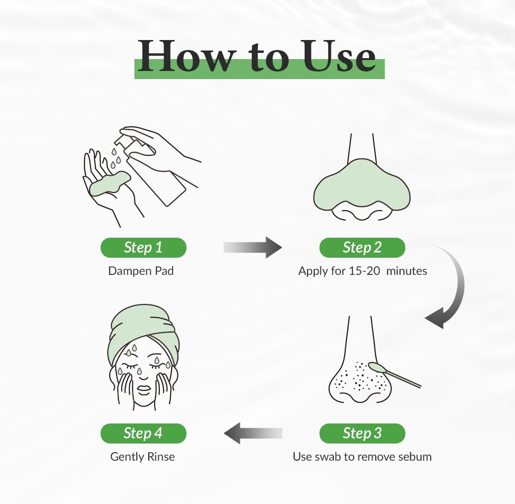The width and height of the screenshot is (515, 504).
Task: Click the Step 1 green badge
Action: point(143,247)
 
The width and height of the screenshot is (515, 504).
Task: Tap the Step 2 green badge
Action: point(362,247)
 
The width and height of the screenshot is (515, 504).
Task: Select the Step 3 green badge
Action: point(362,433)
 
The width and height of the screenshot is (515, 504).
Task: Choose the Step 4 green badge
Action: point(143,433)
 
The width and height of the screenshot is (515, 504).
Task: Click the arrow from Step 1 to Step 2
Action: point(253,247)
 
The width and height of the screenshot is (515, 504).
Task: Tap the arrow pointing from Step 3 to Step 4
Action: point(253,433)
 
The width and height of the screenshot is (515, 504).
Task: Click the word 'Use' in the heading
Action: point(339,56)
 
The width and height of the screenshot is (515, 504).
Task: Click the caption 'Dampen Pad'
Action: point(141,271)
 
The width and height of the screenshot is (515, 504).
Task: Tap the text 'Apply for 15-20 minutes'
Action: point(362,271)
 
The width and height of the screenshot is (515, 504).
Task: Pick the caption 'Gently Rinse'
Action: point(143,457)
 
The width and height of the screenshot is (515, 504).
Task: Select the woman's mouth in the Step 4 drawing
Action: point(143,390)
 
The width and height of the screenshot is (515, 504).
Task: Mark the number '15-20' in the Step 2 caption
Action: point(364,271)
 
